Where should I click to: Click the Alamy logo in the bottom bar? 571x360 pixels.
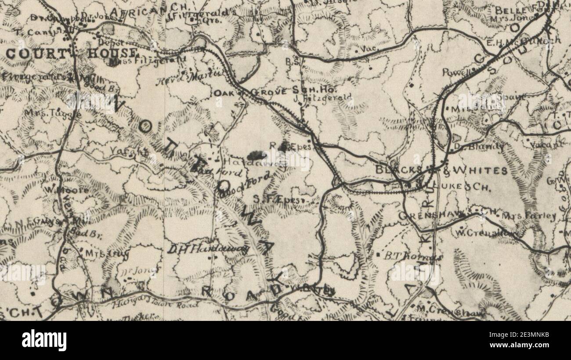click(x=44, y=340)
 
